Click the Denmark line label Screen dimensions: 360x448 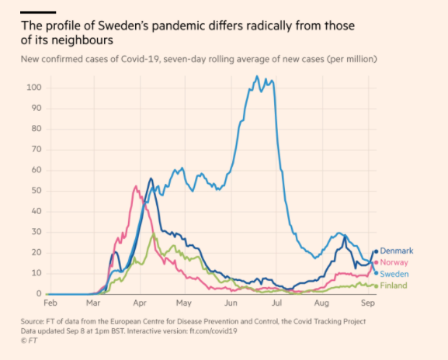point(397,251)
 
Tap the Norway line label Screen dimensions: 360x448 point(394,262)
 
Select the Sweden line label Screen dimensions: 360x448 point(394,274)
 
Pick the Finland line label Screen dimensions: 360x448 point(393,286)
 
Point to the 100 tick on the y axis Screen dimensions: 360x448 point(33,87)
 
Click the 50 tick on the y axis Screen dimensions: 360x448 point(36,190)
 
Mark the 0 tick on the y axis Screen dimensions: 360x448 point(38,294)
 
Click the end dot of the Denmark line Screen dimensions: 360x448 point(376,251)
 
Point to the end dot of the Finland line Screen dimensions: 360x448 point(376,286)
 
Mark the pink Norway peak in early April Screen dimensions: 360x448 point(135,186)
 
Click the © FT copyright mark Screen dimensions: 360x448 point(30,339)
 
